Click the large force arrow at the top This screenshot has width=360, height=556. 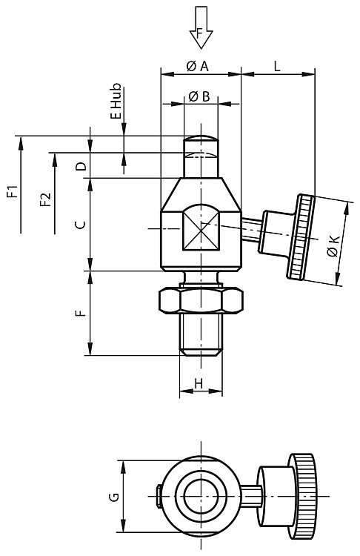(x=201, y=27)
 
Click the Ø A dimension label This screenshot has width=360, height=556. (x=198, y=66)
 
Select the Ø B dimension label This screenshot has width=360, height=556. (x=199, y=96)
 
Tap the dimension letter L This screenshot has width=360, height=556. (x=277, y=66)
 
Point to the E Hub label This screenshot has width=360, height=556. (x=116, y=102)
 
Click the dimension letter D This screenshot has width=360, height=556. (x=81, y=166)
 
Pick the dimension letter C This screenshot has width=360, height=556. (x=81, y=225)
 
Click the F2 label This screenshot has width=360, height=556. (x=46, y=199)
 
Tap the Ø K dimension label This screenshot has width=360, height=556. (x=333, y=245)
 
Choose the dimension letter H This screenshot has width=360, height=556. (x=199, y=383)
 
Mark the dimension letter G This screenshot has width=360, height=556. (x=114, y=497)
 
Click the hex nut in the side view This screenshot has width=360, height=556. (x=201, y=301)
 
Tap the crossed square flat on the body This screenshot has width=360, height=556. (x=201, y=227)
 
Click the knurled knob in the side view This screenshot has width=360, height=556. (x=301, y=237)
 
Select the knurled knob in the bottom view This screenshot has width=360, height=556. (x=302, y=496)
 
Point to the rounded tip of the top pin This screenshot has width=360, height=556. (x=201, y=138)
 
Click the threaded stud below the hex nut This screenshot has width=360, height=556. (x=201, y=335)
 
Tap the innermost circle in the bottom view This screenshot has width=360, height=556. (x=201, y=497)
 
